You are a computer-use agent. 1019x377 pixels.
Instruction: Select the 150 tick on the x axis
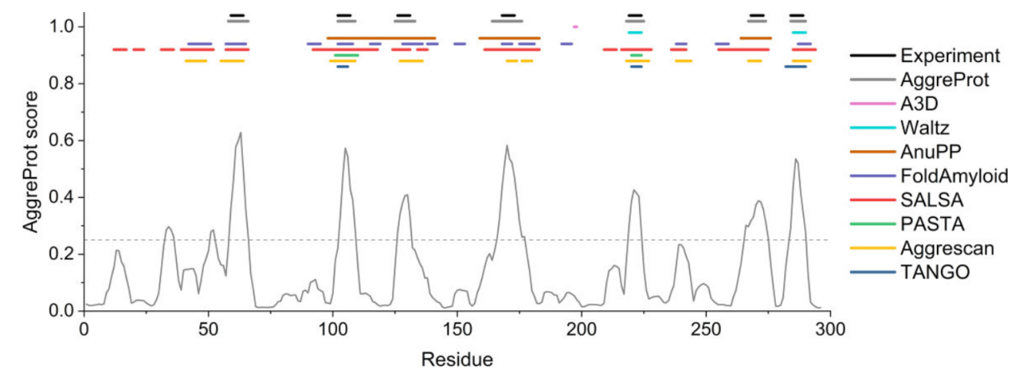coord(456,329)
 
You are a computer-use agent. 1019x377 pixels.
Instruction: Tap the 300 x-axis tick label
coord(830,329)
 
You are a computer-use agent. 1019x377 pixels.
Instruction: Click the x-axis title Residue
coord(456,356)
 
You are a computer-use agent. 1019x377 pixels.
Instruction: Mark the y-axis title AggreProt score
coord(30,169)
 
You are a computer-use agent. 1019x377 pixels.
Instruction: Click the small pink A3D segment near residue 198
coord(576,27)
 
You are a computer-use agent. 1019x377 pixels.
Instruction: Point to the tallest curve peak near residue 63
coord(240,133)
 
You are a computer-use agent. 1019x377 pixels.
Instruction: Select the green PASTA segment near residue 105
coord(345,55)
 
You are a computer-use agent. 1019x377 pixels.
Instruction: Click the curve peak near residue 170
coord(507,146)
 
